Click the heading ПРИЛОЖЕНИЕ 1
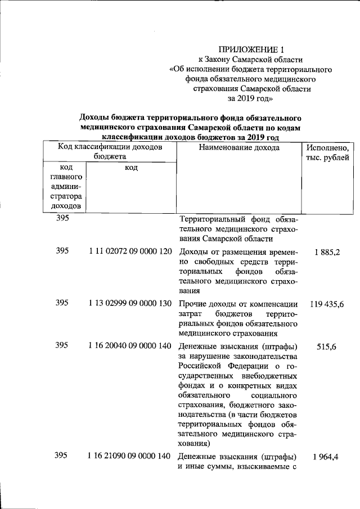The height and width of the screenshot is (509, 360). click(251, 49)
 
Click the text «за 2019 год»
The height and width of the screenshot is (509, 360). click(251, 98)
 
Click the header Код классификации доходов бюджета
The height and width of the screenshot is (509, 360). click(110, 152)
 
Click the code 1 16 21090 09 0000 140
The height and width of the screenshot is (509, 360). click(130, 456)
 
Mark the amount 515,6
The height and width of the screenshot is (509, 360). click(327, 348)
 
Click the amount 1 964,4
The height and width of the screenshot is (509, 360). click(327, 457)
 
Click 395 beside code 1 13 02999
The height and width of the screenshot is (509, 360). click(63, 303)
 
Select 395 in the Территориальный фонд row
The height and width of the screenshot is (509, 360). click(63, 219)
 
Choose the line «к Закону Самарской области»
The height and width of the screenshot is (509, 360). click(251, 59)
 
